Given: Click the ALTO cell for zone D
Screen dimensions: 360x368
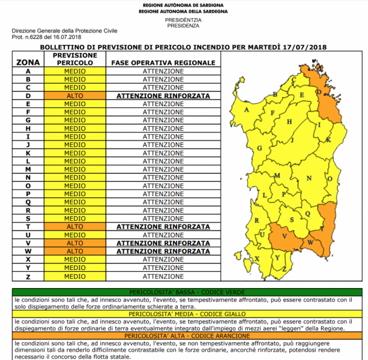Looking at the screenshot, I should pyautogui.click(x=75, y=95).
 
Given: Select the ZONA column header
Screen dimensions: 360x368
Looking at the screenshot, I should pyautogui.click(x=28, y=62).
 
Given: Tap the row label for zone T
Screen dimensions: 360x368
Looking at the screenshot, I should pyautogui.click(x=28, y=226).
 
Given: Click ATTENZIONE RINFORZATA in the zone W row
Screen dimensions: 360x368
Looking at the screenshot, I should pyautogui.click(x=163, y=251).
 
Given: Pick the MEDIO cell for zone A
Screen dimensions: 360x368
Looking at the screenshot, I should pyautogui.click(x=75, y=71).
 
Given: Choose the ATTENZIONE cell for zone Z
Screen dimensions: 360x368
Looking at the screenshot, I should pyautogui.click(x=163, y=276).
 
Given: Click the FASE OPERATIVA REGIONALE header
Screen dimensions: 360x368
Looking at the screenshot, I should pyautogui.click(x=163, y=62).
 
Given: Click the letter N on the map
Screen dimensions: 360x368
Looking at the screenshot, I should pyautogui.click(x=309, y=179).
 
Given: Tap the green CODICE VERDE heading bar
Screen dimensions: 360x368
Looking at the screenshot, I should pyautogui.click(x=184, y=292).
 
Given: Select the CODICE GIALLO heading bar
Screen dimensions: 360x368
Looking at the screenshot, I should pyautogui.click(x=184, y=314).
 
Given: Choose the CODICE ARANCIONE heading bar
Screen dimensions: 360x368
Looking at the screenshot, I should pyautogui.click(x=184, y=335).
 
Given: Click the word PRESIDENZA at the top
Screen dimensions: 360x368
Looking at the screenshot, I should pyautogui.click(x=184, y=26).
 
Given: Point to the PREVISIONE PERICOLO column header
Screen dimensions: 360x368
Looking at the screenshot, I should pyautogui.click(x=75, y=59).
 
